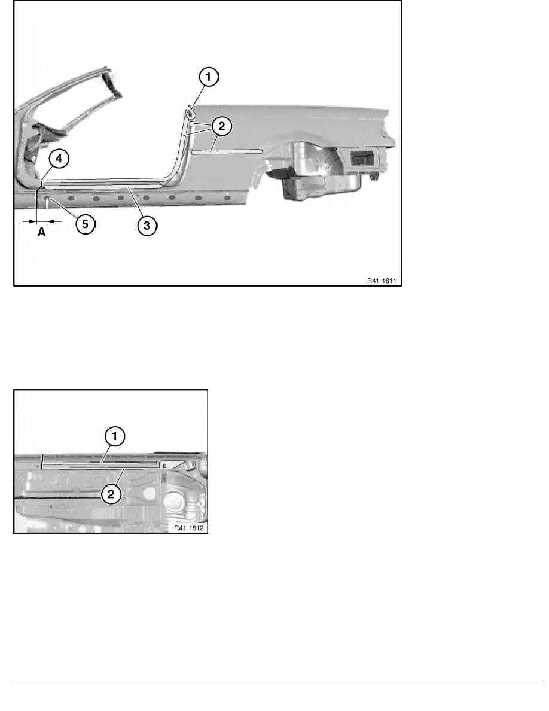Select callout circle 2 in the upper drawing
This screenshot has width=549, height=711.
[x=221, y=126]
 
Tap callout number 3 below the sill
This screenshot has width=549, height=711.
[x=148, y=225]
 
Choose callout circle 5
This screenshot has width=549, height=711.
[x=86, y=224]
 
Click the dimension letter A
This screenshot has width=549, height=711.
[x=41, y=232]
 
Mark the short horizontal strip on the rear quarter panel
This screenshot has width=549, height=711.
[x=227, y=152]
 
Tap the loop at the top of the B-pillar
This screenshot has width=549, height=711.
[x=190, y=111]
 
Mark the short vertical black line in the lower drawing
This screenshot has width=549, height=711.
[x=42, y=461]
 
